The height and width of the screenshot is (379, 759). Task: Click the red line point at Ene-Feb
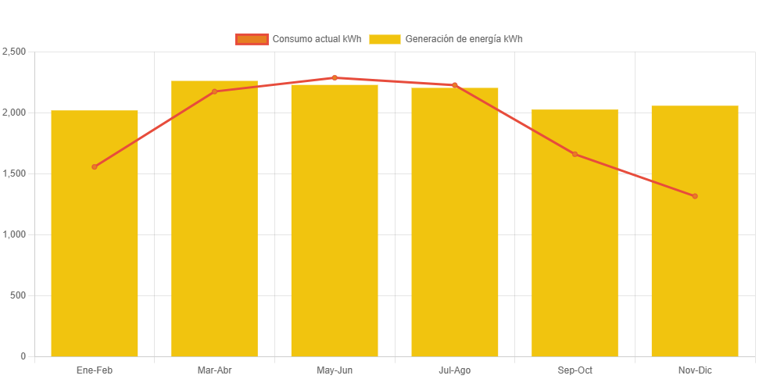(x=95, y=166)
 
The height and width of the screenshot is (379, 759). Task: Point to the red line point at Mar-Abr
(x=214, y=91)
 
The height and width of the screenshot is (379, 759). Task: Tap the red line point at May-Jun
(x=335, y=77)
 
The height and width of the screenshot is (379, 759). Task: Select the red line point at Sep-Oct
(x=575, y=154)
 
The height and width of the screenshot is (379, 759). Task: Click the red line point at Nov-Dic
(x=695, y=196)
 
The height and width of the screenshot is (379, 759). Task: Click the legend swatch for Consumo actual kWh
(x=252, y=39)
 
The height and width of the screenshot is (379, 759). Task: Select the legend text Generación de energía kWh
(x=464, y=39)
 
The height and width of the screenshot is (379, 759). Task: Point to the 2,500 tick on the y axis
(x=14, y=52)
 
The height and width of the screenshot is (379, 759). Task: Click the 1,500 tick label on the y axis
(x=14, y=173)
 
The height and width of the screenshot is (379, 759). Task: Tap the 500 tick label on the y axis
(x=18, y=295)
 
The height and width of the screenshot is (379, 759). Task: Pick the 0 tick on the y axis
(x=23, y=356)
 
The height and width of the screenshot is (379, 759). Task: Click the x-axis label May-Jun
(x=335, y=370)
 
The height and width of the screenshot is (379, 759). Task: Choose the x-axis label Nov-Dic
(x=695, y=370)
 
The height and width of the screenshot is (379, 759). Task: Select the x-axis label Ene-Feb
(x=95, y=370)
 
